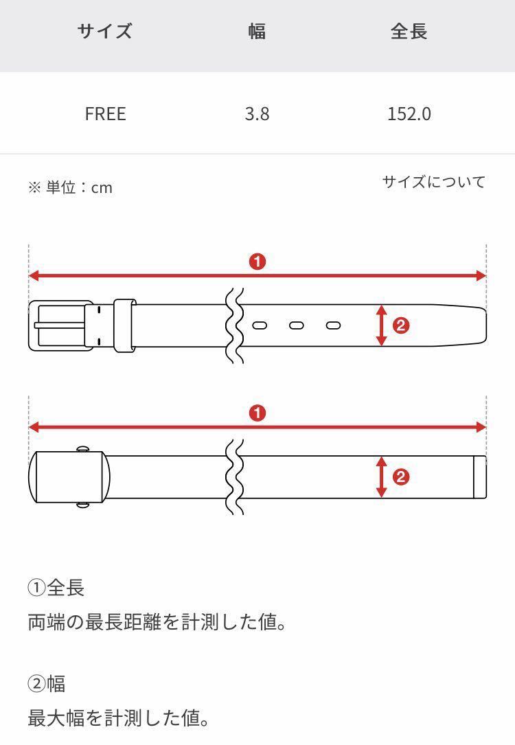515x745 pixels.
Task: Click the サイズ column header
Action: tap(104, 32)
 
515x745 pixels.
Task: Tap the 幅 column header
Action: tap(257, 32)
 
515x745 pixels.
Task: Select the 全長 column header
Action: tap(409, 32)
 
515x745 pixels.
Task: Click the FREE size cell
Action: tap(105, 113)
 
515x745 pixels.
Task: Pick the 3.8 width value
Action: tap(257, 113)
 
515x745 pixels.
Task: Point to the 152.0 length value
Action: tap(409, 113)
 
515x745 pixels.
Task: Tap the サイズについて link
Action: tap(433, 182)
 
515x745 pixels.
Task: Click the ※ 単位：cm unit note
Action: tap(70, 187)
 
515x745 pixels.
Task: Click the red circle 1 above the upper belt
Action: tap(257, 262)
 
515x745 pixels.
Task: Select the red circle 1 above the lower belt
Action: tap(257, 413)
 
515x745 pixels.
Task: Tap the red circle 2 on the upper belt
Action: tap(401, 325)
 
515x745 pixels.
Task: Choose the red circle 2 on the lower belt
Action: tap(401, 477)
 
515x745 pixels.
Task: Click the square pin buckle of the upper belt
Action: tap(60, 325)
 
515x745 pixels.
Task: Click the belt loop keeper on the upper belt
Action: tap(124, 325)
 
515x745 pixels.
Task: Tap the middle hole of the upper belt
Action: tap(296, 325)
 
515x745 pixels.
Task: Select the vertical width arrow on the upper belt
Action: tap(382, 325)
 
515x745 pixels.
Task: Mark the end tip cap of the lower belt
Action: tap(479, 477)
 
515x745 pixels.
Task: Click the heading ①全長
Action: tap(56, 588)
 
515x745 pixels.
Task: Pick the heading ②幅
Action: tap(47, 684)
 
